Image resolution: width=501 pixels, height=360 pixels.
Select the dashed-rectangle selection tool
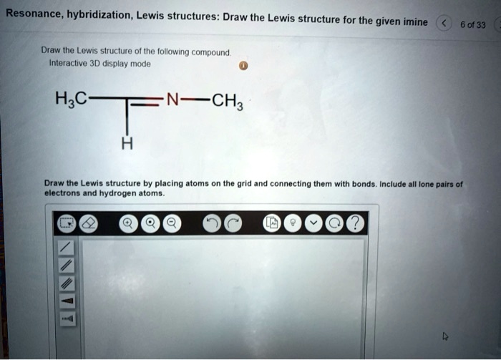click(67, 224)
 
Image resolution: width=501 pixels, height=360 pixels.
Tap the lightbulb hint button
click(293, 224)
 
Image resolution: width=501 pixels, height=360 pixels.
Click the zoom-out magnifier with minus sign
click(172, 224)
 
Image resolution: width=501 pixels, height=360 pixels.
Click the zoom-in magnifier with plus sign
click(129, 224)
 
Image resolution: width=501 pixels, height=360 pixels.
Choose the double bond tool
click(66, 265)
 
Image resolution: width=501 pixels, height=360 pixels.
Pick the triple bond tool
click(66, 283)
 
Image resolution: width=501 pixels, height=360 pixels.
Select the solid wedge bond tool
click(66, 301)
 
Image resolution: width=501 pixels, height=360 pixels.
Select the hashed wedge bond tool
click(66, 318)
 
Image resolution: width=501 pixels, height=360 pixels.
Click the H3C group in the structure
click(72, 100)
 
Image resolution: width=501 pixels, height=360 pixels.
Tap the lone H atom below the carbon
click(127, 144)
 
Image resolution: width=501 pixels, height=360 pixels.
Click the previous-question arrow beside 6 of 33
click(443, 24)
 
